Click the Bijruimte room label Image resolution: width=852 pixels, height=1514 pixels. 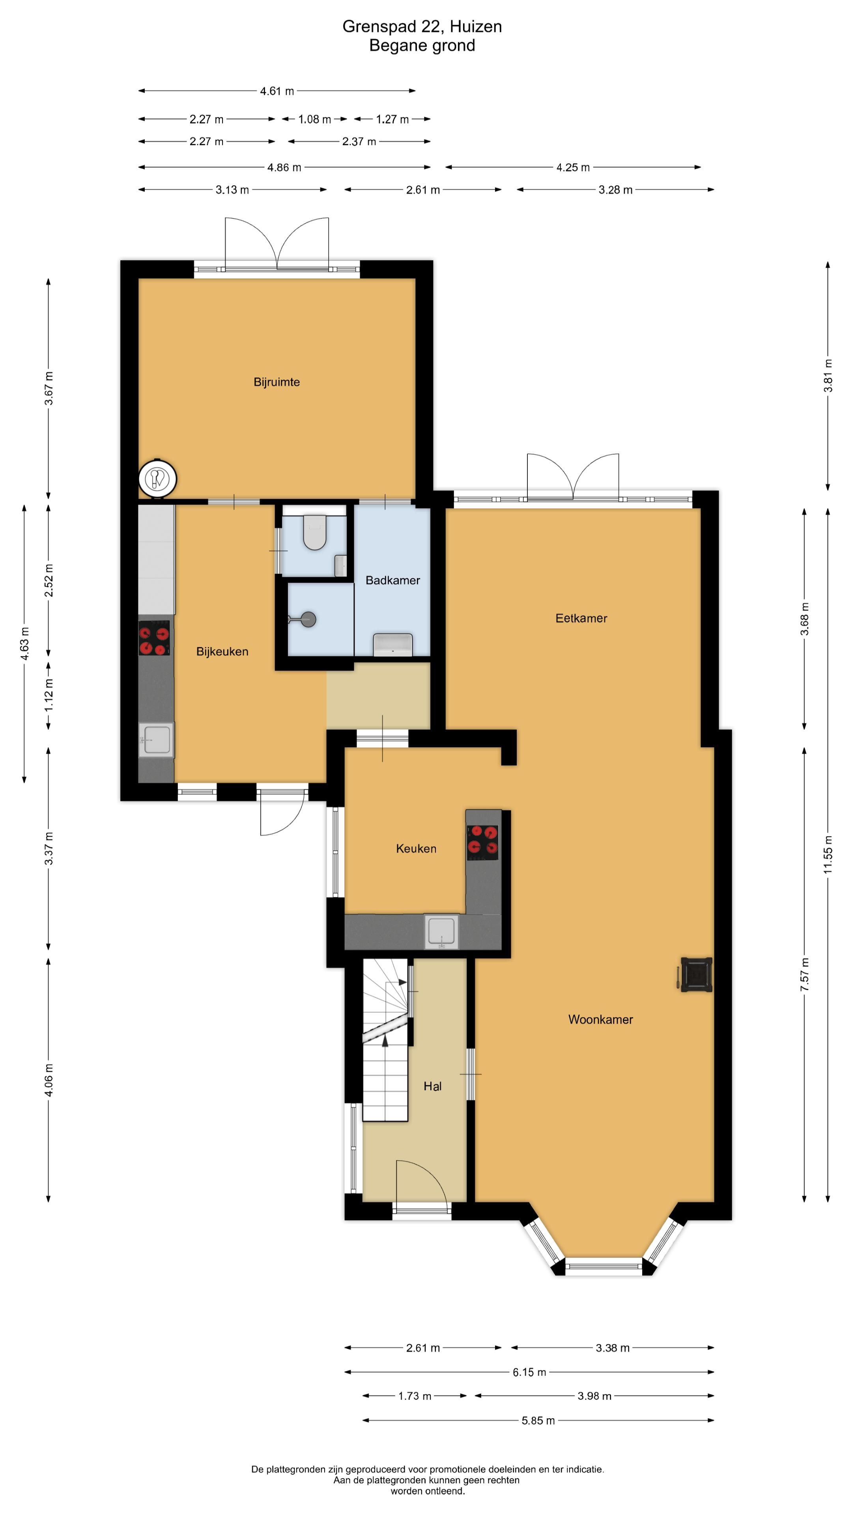point(277,382)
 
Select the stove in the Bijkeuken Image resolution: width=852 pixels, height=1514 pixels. point(154,638)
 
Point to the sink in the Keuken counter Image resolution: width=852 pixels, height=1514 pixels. point(442,930)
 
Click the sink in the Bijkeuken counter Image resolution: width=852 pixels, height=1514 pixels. point(157,739)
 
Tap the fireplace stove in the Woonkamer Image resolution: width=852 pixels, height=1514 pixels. point(695,975)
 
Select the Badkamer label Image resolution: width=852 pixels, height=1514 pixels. point(393,580)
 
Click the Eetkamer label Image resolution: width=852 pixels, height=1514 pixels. point(581,618)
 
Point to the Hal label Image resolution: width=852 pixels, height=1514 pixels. point(432,1086)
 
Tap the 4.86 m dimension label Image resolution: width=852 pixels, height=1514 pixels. point(284,168)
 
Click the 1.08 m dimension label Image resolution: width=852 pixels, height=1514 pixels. point(315,119)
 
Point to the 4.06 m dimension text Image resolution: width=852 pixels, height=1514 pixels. point(49,1080)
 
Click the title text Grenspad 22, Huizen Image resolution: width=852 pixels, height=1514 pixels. point(422,26)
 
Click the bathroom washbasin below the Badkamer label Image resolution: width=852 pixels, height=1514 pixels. point(393,644)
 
